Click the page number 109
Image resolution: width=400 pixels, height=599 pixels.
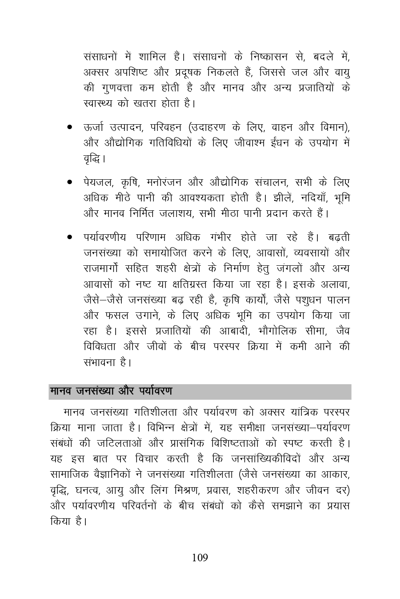click(x=200, y=558)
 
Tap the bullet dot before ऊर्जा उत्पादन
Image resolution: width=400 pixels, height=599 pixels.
click(x=70, y=127)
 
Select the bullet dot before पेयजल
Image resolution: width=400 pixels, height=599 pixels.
click(x=70, y=182)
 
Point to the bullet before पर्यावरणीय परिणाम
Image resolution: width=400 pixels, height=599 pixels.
click(x=70, y=237)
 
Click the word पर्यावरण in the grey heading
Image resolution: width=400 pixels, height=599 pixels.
click(x=155, y=391)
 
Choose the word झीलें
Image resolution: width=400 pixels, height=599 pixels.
click(x=280, y=198)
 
